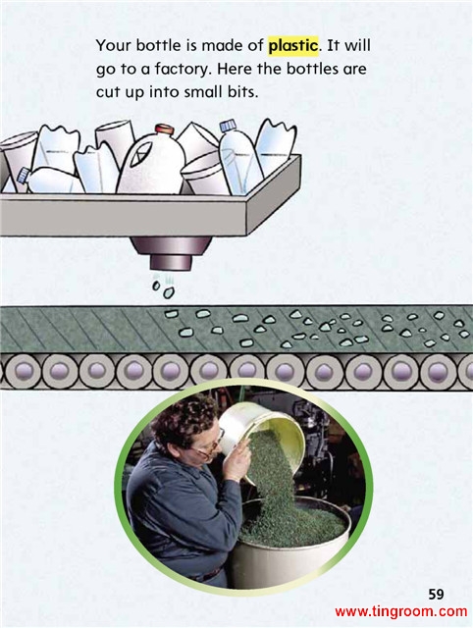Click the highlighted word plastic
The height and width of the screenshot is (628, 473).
(293, 46)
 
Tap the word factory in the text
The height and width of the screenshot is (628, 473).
(183, 70)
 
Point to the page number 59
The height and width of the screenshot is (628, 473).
(436, 594)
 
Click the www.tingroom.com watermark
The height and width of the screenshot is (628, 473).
(401, 611)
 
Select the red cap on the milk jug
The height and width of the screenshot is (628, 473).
(165, 129)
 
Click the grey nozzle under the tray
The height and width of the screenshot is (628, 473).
(171, 253)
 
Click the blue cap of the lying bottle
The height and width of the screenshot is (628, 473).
(23, 175)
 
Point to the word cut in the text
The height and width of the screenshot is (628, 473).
(108, 93)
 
